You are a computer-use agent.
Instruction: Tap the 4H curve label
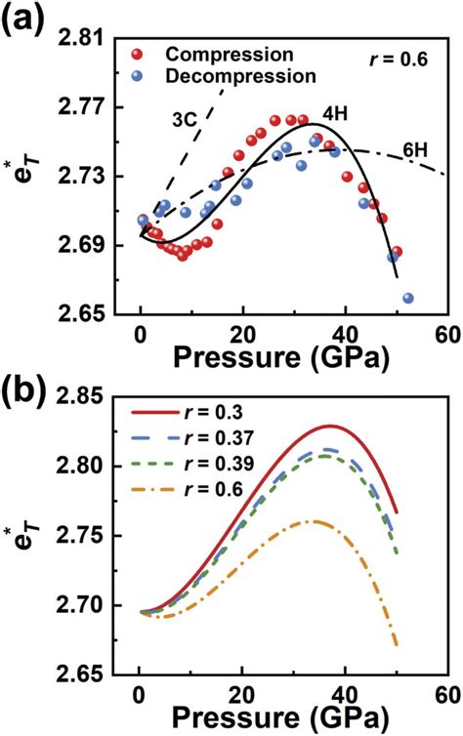click(x=335, y=113)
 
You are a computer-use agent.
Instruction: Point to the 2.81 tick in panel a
click(x=104, y=38)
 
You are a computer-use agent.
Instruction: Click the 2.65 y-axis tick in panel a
click(x=104, y=314)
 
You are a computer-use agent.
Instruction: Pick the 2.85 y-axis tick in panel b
click(x=104, y=397)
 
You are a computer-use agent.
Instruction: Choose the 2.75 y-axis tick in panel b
click(x=104, y=536)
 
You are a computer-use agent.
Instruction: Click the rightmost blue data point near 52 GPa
click(x=407, y=298)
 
